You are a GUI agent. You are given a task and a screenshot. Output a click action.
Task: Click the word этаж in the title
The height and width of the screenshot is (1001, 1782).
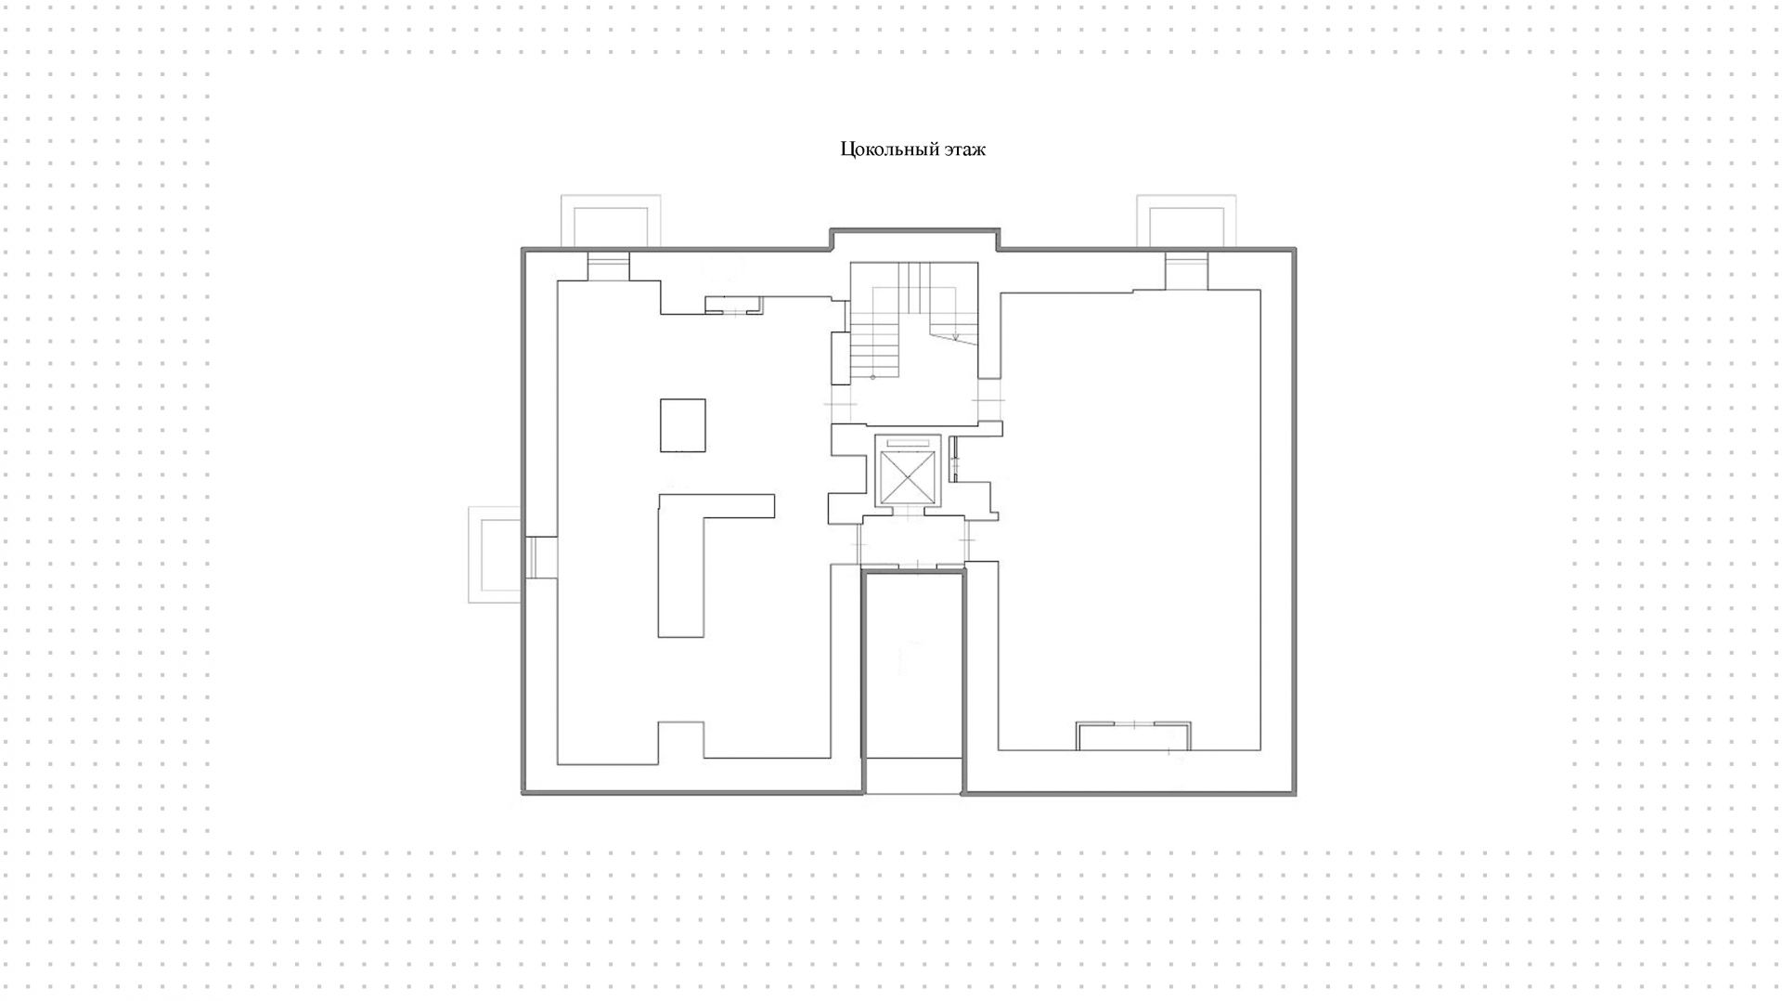tap(965, 149)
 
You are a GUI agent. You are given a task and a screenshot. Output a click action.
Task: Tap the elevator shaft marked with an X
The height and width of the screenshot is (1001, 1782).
tap(904, 478)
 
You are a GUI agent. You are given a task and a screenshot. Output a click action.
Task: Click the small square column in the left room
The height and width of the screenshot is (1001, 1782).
tap(682, 425)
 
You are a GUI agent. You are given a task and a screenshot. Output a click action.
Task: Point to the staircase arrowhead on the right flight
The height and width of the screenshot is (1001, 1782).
tap(956, 337)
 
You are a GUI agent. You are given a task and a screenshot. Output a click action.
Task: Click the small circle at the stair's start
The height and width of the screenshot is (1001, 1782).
tap(872, 377)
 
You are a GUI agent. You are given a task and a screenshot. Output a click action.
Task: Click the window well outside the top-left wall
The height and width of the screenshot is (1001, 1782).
tap(610, 223)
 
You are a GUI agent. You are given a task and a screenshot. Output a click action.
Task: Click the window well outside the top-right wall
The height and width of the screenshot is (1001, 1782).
tap(1186, 223)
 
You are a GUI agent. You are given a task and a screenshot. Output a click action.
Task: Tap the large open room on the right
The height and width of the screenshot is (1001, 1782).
tap(1129, 520)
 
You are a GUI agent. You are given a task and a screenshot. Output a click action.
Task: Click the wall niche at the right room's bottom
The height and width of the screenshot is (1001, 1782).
tap(1133, 735)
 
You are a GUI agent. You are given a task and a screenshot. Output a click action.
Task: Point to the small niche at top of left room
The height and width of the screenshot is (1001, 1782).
tap(732, 304)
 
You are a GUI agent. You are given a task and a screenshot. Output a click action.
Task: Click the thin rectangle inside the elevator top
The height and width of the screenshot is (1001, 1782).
tap(908, 443)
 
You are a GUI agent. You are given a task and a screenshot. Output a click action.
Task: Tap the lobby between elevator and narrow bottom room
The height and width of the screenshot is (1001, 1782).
tap(913, 540)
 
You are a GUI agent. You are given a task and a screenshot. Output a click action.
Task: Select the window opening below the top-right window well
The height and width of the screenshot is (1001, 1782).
tap(1186, 269)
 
